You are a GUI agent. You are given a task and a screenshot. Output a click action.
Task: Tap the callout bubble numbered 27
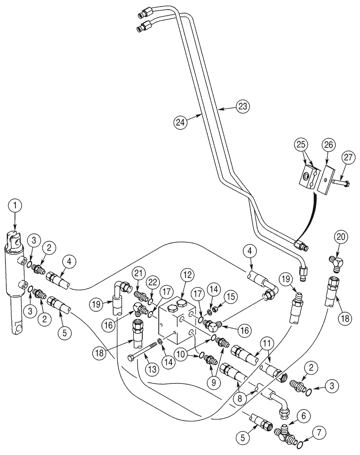348,158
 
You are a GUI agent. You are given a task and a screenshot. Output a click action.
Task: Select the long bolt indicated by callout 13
142,358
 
